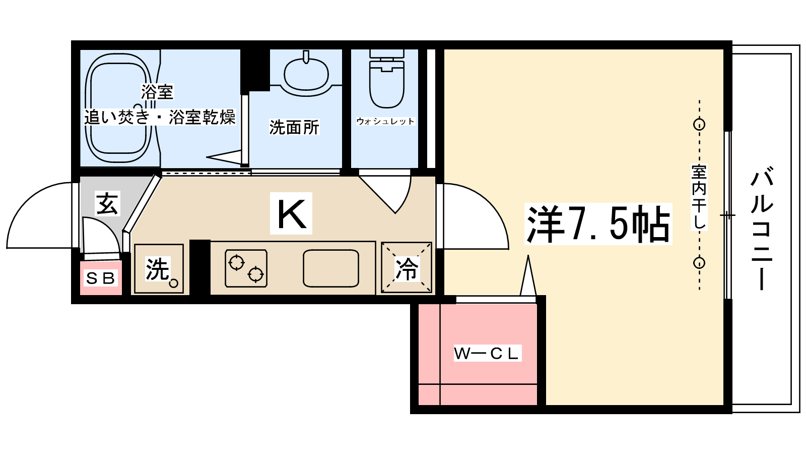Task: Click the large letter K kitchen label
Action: (x=291, y=213)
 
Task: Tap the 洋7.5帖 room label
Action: (x=598, y=224)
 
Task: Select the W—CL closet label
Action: (x=486, y=353)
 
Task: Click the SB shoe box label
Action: (x=101, y=278)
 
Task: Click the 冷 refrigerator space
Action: (x=407, y=268)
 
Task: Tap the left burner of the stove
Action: (x=236, y=262)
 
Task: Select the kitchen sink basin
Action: (x=330, y=268)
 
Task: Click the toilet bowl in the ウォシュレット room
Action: (x=387, y=83)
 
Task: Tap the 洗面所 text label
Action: (x=294, y=128)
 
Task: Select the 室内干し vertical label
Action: (x=699, y=197)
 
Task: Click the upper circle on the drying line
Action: (x=699, y=124)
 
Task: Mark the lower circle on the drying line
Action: (x=699, y=263)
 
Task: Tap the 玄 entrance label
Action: (x=107, y=203)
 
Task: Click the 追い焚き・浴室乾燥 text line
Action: (x=160, y=117)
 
